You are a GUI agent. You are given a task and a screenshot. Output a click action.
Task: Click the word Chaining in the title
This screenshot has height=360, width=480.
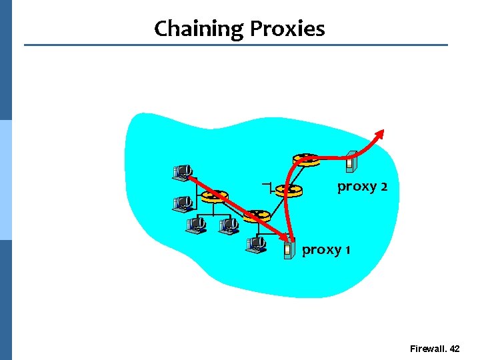pos(199,29)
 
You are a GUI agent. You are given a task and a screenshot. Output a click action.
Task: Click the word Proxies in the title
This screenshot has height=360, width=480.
pos(287,29)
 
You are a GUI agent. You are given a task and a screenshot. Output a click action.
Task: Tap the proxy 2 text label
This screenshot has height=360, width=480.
pos(362,186)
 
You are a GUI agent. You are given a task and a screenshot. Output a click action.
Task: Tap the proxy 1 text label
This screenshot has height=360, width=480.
pos(326,250)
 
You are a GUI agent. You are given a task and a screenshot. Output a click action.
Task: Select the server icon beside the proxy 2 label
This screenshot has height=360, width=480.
pos(352,161)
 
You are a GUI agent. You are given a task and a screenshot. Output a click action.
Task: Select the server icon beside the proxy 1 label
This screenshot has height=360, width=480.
pos(288,249)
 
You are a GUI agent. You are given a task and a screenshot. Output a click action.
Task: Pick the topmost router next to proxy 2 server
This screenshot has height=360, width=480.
pos(306,159)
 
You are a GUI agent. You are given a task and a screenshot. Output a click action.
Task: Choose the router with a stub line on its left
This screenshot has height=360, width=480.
pos(289,190)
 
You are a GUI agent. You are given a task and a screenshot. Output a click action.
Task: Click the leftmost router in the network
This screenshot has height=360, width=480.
pos(214,196)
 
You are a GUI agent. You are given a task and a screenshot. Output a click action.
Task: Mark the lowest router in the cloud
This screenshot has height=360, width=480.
pos(256,216)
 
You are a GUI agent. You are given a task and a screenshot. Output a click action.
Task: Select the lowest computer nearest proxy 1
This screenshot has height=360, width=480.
pos(255,245)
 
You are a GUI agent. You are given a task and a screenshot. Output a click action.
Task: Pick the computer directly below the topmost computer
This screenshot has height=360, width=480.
pos(182,201)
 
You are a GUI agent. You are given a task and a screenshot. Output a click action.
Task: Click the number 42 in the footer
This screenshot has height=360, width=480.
pos(455,349)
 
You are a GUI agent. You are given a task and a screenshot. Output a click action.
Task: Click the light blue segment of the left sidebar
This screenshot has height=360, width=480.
pos(5,180)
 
